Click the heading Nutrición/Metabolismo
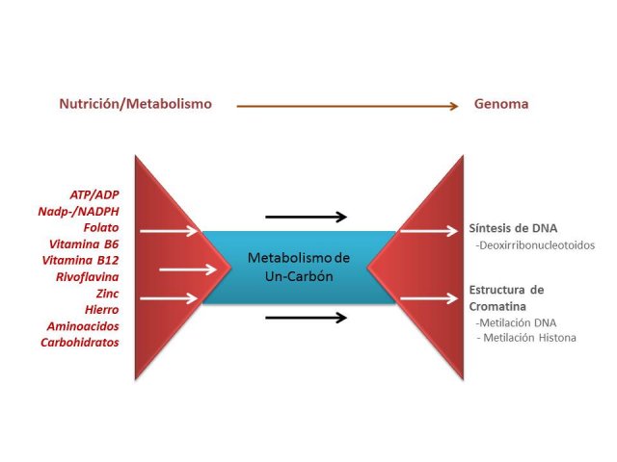(x=135, y=104)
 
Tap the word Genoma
(x=501, y=104)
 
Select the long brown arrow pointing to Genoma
(x=347, y=106)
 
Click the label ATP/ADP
(x=94, y=194)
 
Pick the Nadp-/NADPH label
(x=78, y=212)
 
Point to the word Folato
(x=101, y=227)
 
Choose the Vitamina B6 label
(x=84, y=244)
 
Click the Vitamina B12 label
(x=80, y=261)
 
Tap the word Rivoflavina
(x=88, y=277)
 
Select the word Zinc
(x=107, y=294)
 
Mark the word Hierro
(x=102, y=310)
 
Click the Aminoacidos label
(x=83, y=326)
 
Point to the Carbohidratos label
(x=80, y=343)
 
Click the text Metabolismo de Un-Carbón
(x=299, y=268)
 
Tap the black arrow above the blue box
(x=307, y=217)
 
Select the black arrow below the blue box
(x=307, y=318)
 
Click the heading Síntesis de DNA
(x=513, y=228)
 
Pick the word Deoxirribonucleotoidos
(x=535, y=245)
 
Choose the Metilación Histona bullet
(x=526, y=338)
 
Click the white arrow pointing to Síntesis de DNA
(x=429, y=231)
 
